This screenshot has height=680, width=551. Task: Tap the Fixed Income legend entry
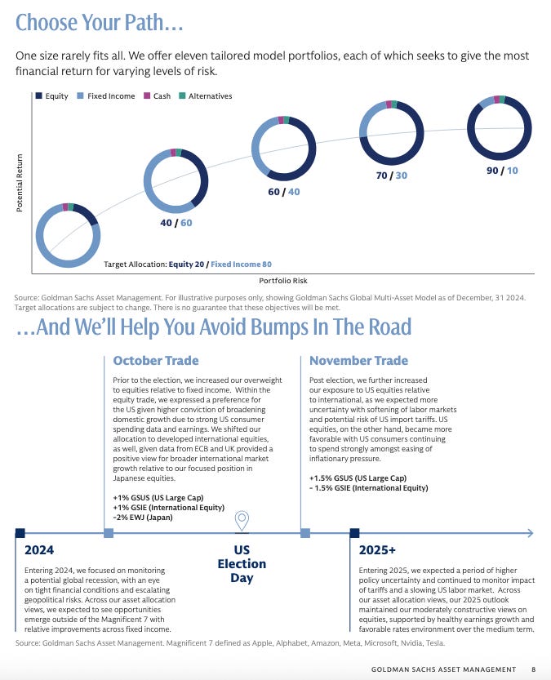coord(105,96)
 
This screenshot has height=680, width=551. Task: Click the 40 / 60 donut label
coord(176,223)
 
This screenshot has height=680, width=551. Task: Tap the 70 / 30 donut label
coord(389,176)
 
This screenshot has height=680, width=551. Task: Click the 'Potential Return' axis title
coord(19,183)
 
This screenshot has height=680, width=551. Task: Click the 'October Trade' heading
coord(155,361)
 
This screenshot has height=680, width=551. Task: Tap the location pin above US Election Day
coord(242,521)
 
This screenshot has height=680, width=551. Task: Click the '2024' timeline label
coord(39,549)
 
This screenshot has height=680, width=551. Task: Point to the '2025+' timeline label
coord(377,549)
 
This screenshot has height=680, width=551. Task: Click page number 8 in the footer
coord(533,669)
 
